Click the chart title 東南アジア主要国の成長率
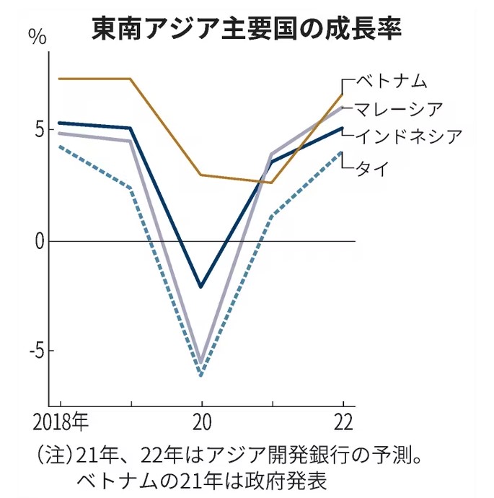point(247,30)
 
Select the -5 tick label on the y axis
point(35,351)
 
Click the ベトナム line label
point(392,79)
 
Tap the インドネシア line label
point(407,136)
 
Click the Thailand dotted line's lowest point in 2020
point(201,375)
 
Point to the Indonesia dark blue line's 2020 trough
point(201,287)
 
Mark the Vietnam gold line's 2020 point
point(201,175)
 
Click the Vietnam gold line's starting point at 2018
point(60,79)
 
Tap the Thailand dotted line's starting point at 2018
point(60,147)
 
